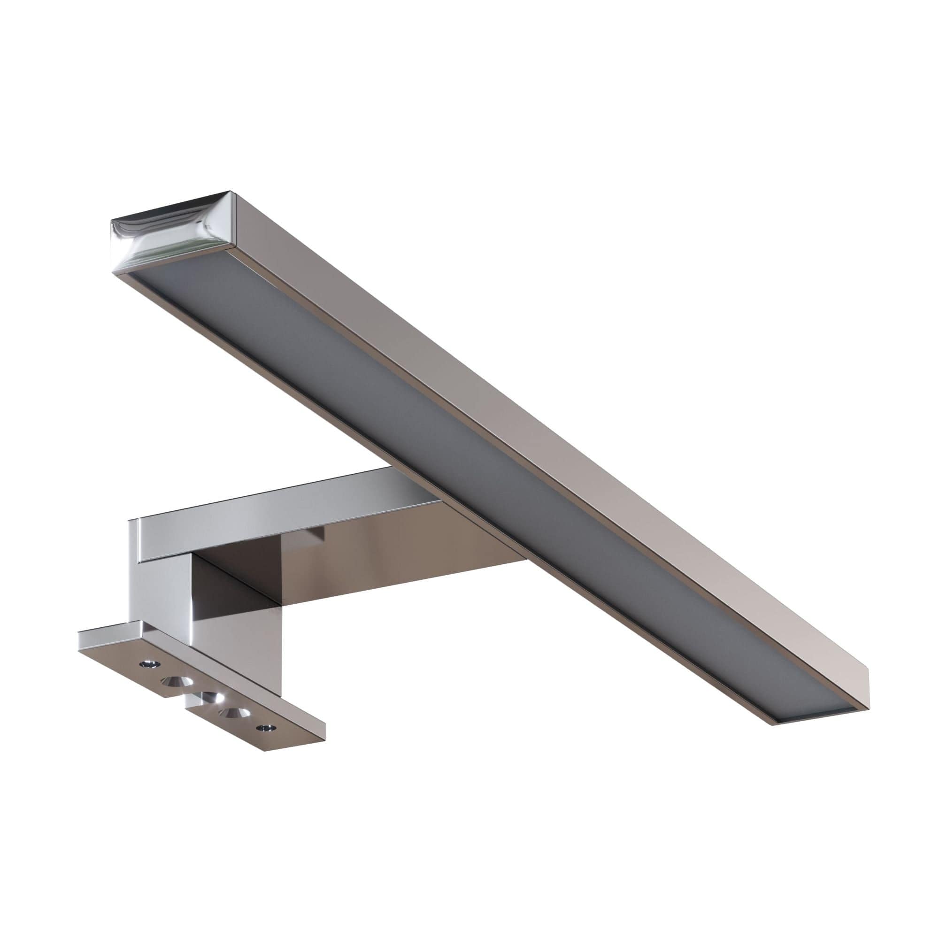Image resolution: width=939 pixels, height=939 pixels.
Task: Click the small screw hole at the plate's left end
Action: tap(146, 663)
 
